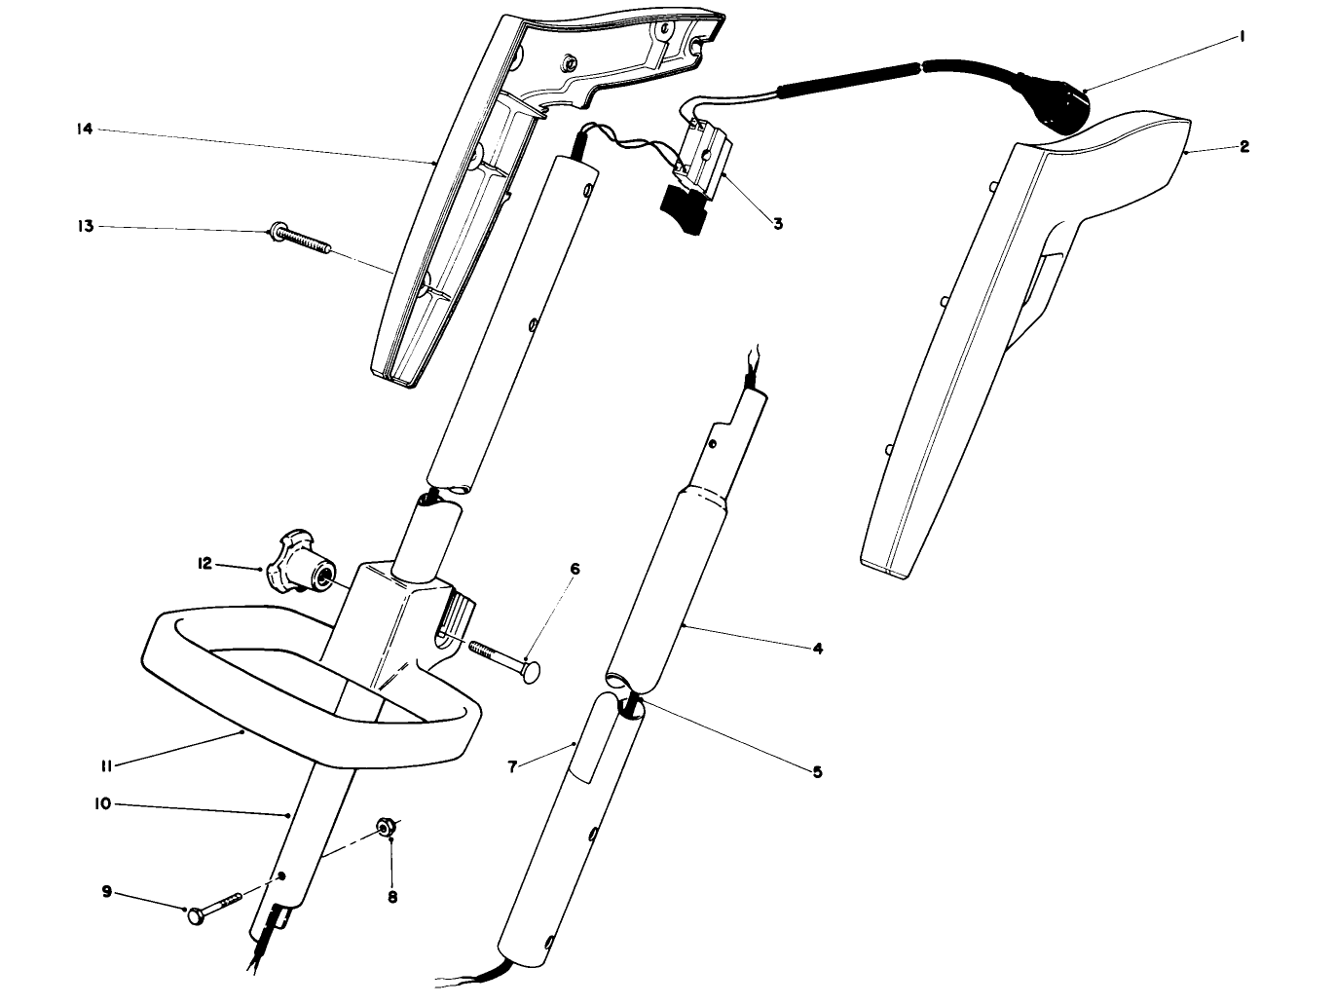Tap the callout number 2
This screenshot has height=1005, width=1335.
point(1243,147)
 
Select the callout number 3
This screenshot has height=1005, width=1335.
point(777,223)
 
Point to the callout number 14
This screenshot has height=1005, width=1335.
point(85,129)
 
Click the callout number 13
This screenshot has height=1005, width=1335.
point(85,226)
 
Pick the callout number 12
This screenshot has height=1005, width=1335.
point(204,564)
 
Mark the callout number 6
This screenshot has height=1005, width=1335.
point(575,569)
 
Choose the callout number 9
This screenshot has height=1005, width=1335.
point(106,890)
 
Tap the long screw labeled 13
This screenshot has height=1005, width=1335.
point(297,240)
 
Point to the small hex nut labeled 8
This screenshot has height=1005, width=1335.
point(384,828)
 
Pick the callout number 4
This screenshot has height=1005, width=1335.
point(817,648)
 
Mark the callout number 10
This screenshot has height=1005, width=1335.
point(102,803)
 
